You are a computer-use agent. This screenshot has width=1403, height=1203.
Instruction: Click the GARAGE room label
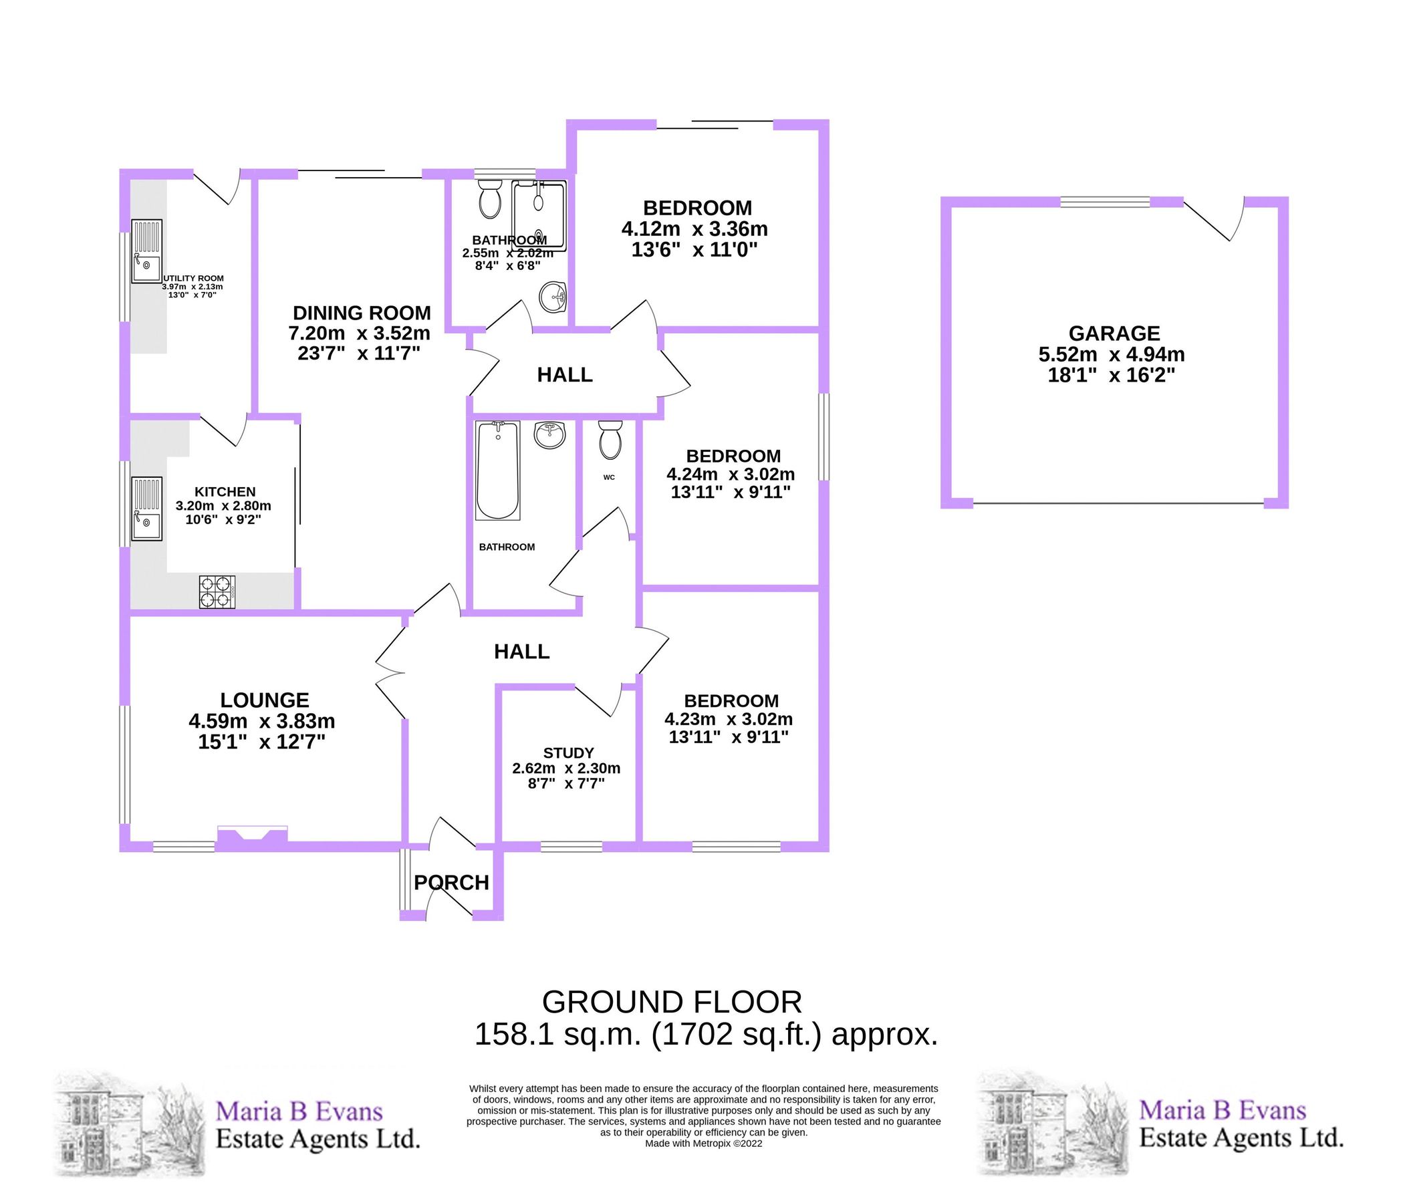pyautogui.click(x=1114, y=333)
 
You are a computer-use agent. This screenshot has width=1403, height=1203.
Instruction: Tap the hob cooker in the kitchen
pyautogui.click(x=217, y=591)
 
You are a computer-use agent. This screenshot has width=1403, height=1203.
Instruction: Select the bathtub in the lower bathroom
pyautogui.click(x=498, y=471)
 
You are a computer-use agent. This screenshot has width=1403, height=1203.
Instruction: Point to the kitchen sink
pyautogui.click(x=147, y=509)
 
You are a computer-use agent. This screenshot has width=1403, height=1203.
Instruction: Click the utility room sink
pyautogui.click(x=147, y=251)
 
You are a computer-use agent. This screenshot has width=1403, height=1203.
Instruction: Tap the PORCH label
pyautogui.click(x=452, y=883)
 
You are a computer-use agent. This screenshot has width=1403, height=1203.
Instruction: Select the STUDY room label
pyautogui.click(x=569, y=753)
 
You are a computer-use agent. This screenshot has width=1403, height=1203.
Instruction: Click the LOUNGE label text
pyautogui.click(x=265, y=700)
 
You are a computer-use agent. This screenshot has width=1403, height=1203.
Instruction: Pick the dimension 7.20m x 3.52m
pyautogui.click(x=360, y=333)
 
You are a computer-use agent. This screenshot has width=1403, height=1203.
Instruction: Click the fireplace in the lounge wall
pyautogui.click(x=252, y=835)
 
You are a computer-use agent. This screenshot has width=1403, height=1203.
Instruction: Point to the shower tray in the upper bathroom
pyautogui.click(x=539, y=215)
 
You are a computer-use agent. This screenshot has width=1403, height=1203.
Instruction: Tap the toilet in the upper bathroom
pyautogui.click(x=489, y=198)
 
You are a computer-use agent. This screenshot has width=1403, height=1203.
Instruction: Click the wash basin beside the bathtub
pyautogui.click(x=550, y=434)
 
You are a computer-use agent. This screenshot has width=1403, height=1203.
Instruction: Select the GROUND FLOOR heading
pyautogui.click(x=672, y=1002)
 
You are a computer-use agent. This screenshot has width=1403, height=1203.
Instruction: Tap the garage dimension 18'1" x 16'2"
pyautogui.click(x=1111, y=375)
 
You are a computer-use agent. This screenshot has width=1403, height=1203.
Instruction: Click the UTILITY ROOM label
pyautogui.click(x=194, y=278)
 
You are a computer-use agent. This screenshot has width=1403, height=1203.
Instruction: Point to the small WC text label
pyautogui.click(x=609, y=477)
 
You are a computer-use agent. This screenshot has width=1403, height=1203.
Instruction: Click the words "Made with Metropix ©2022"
pyautogui.click(x=704, y=1144)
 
